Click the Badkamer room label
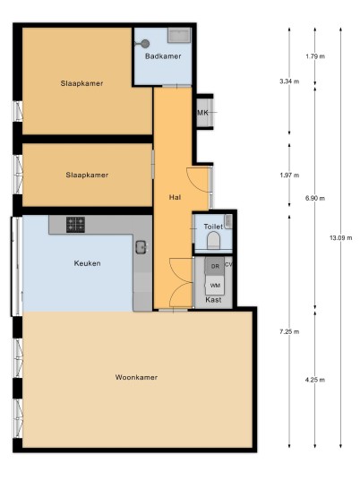point(163,56)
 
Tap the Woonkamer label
point(136,377)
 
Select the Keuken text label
point(87,263)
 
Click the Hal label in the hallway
point(175,197)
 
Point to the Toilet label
point(213,227)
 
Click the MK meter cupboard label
point(202,113)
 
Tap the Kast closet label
point(213,300)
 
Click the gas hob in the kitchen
point(75,225)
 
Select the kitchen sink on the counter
point(141,247)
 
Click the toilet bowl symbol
point(213,240)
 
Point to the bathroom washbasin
point(179,35)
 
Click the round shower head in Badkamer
point(145,44)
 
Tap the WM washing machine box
point(215,286)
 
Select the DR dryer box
point(215,266)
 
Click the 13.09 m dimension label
point(340,237)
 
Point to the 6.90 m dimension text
point(315,199)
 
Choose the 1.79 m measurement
point(315,56)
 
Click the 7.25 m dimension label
point(289,331)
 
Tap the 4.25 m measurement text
point(315,380)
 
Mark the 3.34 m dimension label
point(289,81)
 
